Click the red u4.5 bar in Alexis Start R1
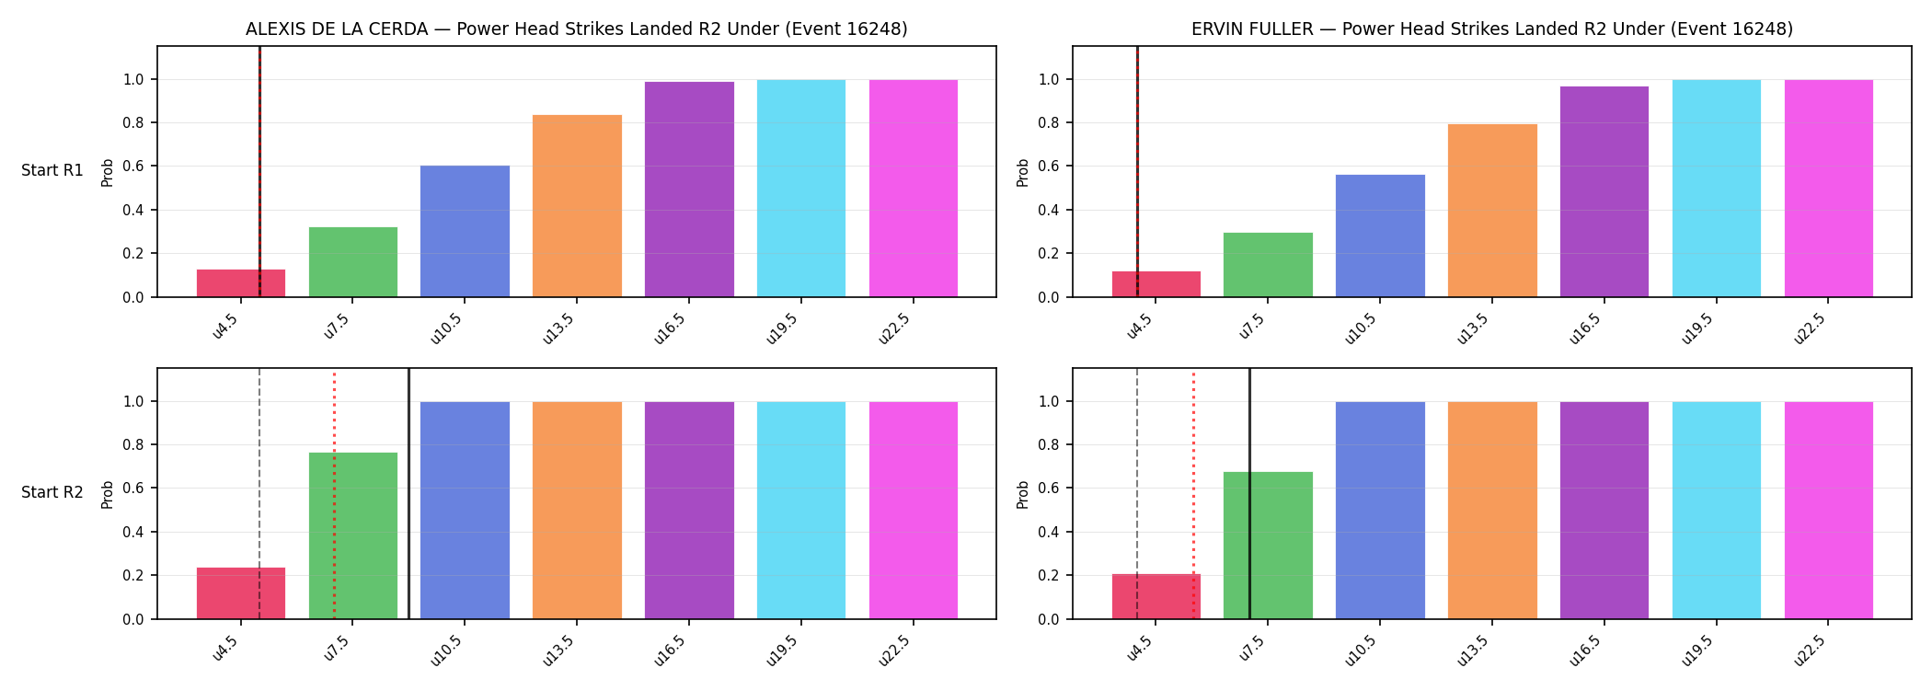(x=241, y=283)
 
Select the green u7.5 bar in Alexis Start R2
(x=353, y=535)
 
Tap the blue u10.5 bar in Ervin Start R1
(x=1380, y=236)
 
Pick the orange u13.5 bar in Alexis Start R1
(x=577, y=206)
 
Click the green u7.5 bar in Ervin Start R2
(x=1268, y=546)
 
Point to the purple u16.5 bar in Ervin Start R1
(x=1604, y=191)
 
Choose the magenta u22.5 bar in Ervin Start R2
(x=1829, y=511)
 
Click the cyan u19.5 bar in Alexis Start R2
(x=801, y=511)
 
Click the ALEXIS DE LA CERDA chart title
(x=577, y=29)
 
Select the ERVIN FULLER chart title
(x=1492, y=29)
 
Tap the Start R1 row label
(x=52, y=170)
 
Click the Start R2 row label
(x=52, y=492)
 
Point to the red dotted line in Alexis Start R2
(x=334, y=496)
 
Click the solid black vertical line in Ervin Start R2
(x=1249, y=493)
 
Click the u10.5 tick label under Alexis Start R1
(x=446, y=328)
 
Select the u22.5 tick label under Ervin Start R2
(x=1811, y=650)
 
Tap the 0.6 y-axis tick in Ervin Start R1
(x=1050, y=167)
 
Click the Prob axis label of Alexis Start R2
(x=108, y=494)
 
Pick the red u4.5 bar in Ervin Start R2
(x=1156, y=596)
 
